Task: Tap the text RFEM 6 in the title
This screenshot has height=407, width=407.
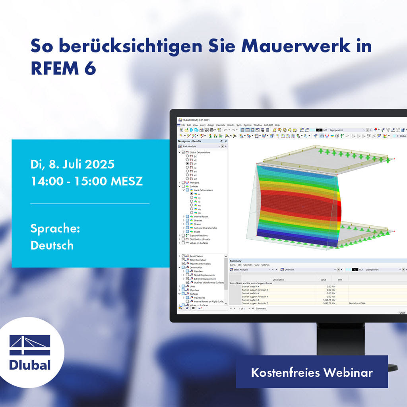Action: click(x=64, y=68)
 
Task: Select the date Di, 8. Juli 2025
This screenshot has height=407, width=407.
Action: click(x=72, y=164)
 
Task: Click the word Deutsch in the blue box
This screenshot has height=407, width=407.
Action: click(x=52, y=245)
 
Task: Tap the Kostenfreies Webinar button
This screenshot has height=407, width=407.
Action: click(x=312, y=372)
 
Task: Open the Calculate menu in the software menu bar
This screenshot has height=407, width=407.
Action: click(x=221, y=125)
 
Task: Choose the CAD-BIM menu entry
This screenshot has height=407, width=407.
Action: click(x=269, y=125)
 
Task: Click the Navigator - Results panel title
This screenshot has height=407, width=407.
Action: click(x=190, y=141)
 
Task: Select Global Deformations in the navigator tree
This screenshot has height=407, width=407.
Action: click(x=200, y=152)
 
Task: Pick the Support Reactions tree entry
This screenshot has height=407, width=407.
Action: click(x=199, y=235)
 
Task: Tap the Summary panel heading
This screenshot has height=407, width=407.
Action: click(x=235, y=261)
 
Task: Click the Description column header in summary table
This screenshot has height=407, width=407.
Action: click(x=278, y=279)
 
